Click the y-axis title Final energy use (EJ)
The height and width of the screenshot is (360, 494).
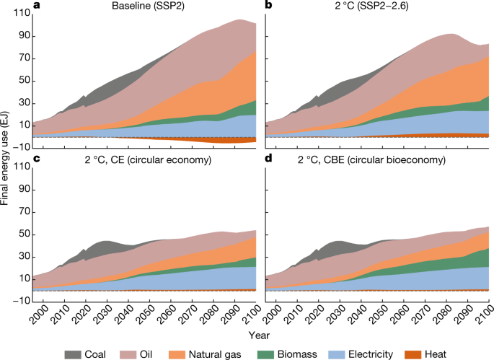pyautogui.click(x=6, y=157)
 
